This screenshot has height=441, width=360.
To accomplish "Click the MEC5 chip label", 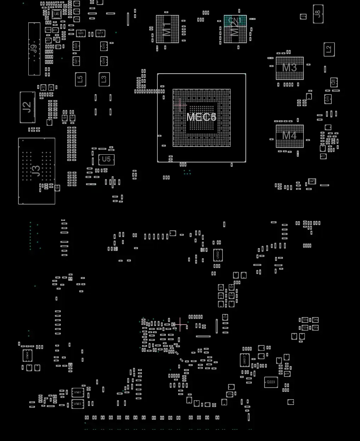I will point(201,117).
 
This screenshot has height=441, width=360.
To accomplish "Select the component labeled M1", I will point(167,29).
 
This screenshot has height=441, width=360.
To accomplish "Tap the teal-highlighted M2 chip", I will point(235,29).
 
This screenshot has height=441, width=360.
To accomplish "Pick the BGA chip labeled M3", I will point(289,68).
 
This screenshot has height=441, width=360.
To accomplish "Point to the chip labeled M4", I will point(289,136).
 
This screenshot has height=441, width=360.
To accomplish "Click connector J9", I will point(34,49).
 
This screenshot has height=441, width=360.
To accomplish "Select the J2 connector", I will point(27,107).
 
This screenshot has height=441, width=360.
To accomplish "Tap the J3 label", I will point(36,171).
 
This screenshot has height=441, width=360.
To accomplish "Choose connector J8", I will point(318,14).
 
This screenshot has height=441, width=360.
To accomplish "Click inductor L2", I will point(329,49).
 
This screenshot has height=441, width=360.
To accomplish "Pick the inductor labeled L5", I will point(80,79).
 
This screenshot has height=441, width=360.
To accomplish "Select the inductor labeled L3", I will point(104,79).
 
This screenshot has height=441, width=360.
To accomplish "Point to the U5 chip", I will point(106,160).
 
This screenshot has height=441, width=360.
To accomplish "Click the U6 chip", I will point(57,14).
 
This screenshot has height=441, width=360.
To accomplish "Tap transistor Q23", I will point(81,33).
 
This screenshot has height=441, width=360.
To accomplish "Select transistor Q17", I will point(101,33).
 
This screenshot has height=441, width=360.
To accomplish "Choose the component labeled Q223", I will point(271,382).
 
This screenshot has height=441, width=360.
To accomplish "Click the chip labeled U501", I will point(77,393).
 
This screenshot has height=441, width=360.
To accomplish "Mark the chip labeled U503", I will point(77,404).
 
